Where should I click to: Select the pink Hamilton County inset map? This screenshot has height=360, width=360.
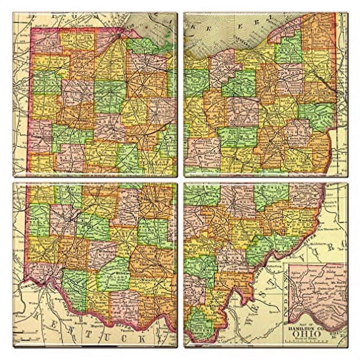[319, 291]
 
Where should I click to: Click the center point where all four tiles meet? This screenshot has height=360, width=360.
[180, 180]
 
